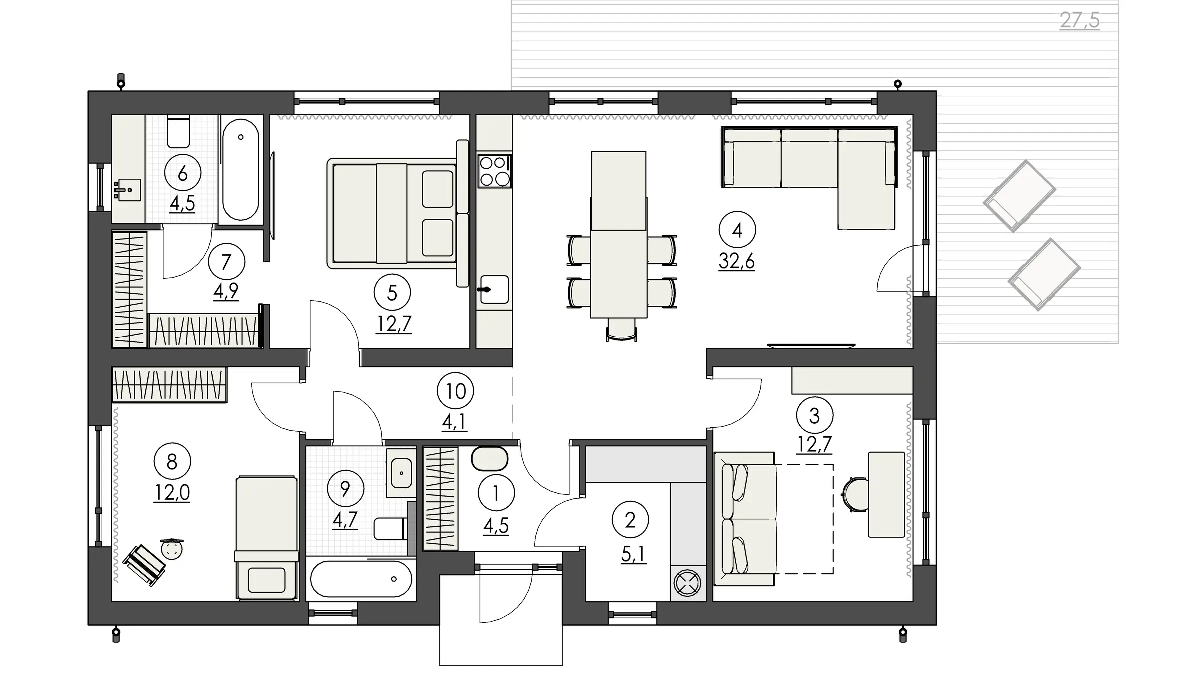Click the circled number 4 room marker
click(x=737, y=230)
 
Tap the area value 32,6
click(x=737, y=261)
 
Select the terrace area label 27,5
click(x=1079, y=21)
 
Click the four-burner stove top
click(x=495, y=171)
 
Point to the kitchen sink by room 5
click(x=494, y=289)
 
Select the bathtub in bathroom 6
click(x=241, y=169)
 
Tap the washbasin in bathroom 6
click(x=127, y=190)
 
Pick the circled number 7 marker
click(x=226, y=261)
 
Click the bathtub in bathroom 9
click(x=361, y=579)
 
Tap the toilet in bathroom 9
click(x=390, y=528)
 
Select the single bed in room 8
click(x=267, y=538)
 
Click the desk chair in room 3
click(x=854, y=495)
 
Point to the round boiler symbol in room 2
click(x=687, y=583)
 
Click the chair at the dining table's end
click(x=621, y=330)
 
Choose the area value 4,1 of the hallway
click(x=454, y=422)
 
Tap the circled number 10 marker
click(x=455, y=391)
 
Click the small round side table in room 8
click(x=172, y=549)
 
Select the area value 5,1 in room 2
click(x=633, y=554)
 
